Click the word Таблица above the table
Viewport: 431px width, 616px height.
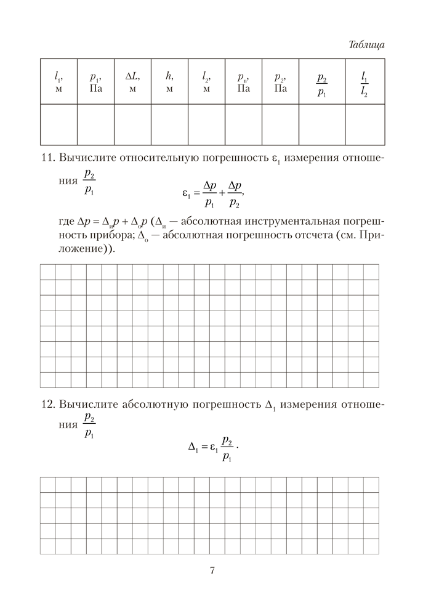click(366, 45)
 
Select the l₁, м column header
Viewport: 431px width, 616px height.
click(58, 82)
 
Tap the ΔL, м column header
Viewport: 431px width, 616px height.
click(132, 82)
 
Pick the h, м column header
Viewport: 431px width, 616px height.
click(169, 82)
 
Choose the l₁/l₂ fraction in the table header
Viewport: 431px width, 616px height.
click(365, 86)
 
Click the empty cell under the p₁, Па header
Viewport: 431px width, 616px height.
click(95, 124)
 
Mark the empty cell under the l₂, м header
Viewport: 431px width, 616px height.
click(206, 124)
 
